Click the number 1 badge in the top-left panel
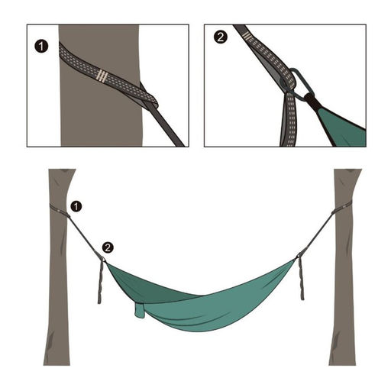point(41,46)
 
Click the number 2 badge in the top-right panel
point(221,37)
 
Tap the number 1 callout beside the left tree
point(76,206)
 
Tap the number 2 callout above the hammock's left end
point(108,247)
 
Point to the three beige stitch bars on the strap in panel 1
point(102,76)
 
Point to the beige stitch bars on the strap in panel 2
point(247,36)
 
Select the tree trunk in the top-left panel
point(100,86)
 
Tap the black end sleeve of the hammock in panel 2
point(311,102)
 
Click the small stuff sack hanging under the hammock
point(140,309)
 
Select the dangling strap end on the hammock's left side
point(100,282)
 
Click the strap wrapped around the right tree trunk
point(342,208)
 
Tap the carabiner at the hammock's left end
point(103,260)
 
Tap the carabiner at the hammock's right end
point(299,255)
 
